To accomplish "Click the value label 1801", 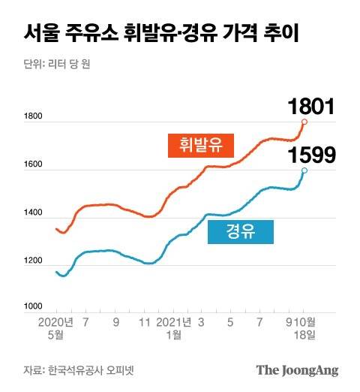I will pyautogui.click(x=310, y=107).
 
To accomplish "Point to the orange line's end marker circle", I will pyautogui.click(x=304, y=121).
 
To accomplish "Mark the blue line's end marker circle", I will pyautogui.click(x=304, y=170).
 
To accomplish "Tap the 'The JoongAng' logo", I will pyautogui.click(x=297, y=370).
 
